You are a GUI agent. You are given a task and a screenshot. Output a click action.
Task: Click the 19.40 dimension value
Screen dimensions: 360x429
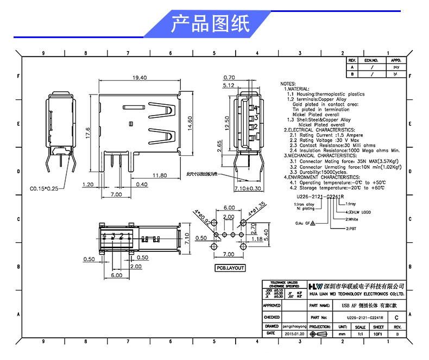[x=140, y=78]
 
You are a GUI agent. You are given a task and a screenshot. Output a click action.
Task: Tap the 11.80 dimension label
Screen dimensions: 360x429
[x=159, y=175]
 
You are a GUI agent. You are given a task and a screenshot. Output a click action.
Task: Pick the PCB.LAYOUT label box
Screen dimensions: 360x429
[x=230, y=268]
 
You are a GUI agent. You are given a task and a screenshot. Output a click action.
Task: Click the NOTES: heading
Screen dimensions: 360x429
[x=288, y=84]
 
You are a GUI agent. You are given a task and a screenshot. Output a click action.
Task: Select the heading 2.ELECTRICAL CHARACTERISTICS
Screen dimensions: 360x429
[x=319, y=130]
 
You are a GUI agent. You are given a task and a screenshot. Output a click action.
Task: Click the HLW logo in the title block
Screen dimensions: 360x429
[x=315, y=286]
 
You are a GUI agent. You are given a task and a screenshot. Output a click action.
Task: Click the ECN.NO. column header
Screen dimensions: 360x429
[x=371, y=60]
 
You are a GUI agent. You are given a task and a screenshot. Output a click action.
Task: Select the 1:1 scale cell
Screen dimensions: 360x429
[x=360, y=334]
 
